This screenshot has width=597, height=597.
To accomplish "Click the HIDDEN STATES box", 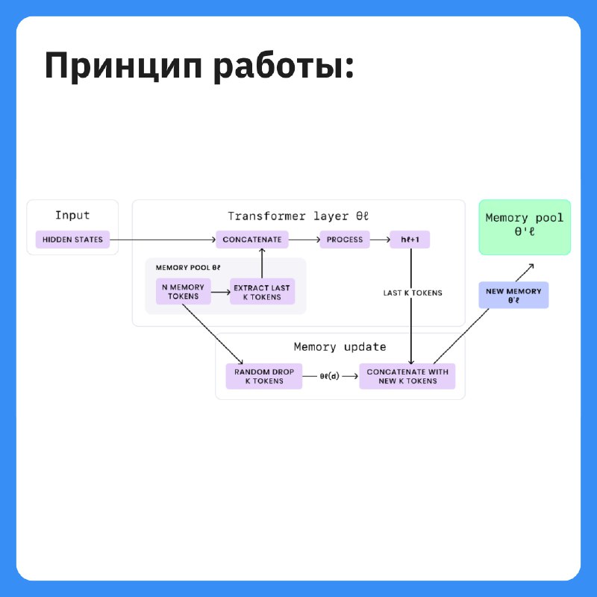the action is (x=72, y=240).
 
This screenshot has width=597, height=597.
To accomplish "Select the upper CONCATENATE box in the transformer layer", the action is (x=252, y=240).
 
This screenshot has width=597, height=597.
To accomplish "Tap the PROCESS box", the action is (x=345, y=240).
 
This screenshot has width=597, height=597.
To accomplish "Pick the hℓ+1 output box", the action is (x=410, y=240).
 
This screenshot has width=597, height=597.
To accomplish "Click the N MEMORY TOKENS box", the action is (x=183, y=292).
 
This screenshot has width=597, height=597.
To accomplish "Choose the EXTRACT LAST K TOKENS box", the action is (x=262, y=292).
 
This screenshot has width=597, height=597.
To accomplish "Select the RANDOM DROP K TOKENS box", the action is (x=264, y=376).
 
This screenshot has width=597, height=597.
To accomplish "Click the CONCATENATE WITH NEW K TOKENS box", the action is (x=407, y=376).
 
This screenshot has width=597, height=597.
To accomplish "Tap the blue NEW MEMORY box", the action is (x=513, y=295).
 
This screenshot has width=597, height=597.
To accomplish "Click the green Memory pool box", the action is (x=525, y=228).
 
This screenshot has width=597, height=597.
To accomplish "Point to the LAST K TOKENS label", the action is (x=413, y=293).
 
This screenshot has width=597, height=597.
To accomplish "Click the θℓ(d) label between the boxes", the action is (x=329, y=376).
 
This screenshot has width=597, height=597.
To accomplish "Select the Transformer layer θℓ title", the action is (x=298, y=216).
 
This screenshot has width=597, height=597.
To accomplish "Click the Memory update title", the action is (x=340, y=347).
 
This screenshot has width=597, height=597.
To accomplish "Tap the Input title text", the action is (x=72, y=216).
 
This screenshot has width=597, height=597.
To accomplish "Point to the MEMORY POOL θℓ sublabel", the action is (x=188, y=268).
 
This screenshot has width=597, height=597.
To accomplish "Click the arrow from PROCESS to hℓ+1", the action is (x=380, y=240).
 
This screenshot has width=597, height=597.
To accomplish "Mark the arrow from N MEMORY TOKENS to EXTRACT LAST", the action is (x=220, y=292).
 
